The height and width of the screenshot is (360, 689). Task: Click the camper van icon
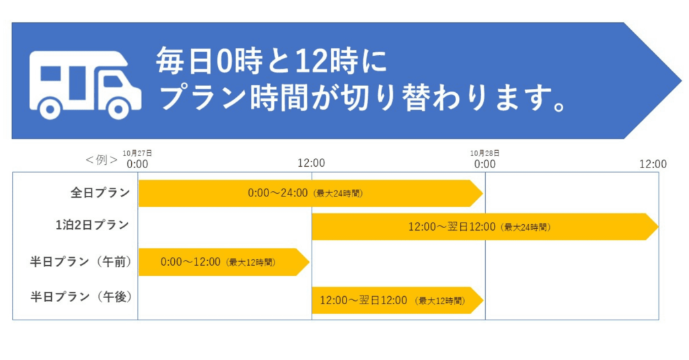pyautogui.click(x=85, y=85)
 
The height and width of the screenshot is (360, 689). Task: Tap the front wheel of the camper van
pyautogui.click(x=118, y=107)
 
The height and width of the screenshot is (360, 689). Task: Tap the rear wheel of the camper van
pyautogui.click(x=50, y=107)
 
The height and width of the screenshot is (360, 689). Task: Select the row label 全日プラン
pyautogui.click(x=100, y=192)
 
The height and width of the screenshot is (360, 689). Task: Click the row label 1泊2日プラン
pyautogui.click(x=92, y=225)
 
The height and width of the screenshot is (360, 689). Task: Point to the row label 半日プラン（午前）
pyautogui.click(x=81, y=262)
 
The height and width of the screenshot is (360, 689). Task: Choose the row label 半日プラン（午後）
pyautogui.click(x=81, y=297)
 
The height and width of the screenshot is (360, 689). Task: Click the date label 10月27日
pyautogui.click(x=137, y=153)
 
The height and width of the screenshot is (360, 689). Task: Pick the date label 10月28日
pyautogui.click(x=484, y=153)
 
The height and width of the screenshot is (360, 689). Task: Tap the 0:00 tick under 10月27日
pyautogui.click(x=137, y=164)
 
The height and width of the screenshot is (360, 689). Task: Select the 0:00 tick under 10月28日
pyautogui.click(x=484, y=164)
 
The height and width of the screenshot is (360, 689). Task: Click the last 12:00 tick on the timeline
pyautogui.click(x=653, y=164)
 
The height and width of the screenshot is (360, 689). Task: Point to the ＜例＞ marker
pyautogui.click(x=102, y=159)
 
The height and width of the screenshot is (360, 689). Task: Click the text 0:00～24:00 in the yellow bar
pyautogui.click(x=278, y=193)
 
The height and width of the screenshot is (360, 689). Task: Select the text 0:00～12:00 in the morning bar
pyautogui.click(x=190, y=262)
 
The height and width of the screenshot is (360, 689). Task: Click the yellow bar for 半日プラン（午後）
pyautogui.click(x=397, y=301)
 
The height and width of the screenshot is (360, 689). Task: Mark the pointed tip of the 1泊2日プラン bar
pyautogui.click(x=658, y=227)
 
